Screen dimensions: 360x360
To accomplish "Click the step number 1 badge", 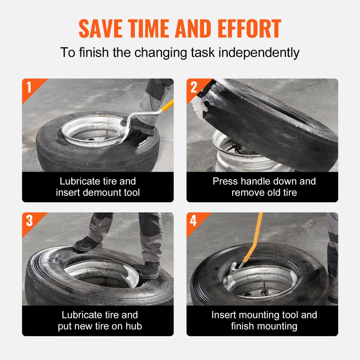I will point(29,86).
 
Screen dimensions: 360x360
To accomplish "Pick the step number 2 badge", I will point(194,86).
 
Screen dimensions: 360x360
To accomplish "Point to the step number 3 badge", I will point(29,220).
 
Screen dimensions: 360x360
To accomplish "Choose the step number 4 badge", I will point(194,220).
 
